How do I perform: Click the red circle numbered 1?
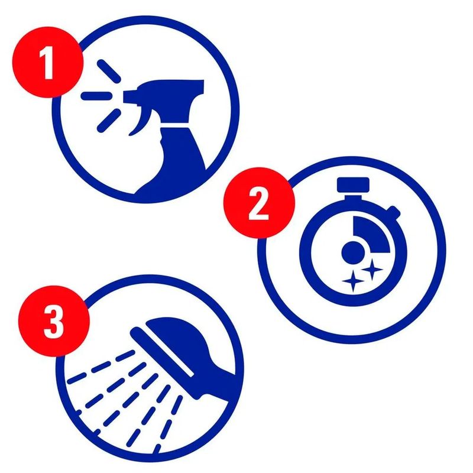click(x=47, y=62)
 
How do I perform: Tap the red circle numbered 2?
click(x=259, y=203)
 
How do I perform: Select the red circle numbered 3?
click(x=54, y=321)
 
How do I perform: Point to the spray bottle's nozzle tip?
click(x=126, y=96)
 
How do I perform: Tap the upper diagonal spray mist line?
click(x=109, y=71)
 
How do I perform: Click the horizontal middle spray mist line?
click(x=96, y=96)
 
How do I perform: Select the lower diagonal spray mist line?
click(x=109, y=121)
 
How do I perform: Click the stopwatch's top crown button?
click(x=353, y=184)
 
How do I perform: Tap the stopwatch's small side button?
click(x=393, y=212)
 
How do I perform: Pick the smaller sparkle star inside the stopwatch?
click(x=372, y=269)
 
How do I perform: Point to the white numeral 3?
click(x=54, y=321)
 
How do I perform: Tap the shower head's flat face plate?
click(x=161, y=352)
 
